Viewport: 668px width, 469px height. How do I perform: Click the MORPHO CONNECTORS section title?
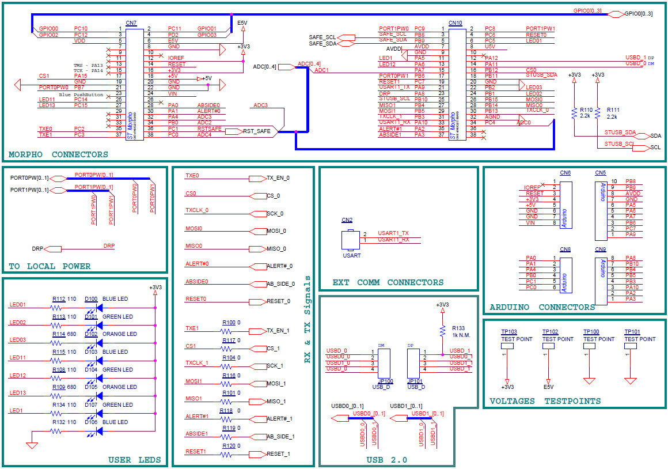click(x=58, y=154)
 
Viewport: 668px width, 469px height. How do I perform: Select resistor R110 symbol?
click(x=574, y=113)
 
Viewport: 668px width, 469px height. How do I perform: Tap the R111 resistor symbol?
click(x=598, y=113)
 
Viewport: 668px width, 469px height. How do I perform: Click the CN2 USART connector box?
click(x=347, y=239)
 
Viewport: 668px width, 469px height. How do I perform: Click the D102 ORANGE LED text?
click(x=119, y=334)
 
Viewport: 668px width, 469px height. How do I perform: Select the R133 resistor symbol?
click(x=442, y=331)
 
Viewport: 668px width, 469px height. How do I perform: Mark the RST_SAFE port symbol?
click(x=233, y=131)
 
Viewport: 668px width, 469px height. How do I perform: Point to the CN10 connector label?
click(x=455, y=23)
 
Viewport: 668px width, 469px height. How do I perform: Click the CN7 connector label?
click(x=131, y=23)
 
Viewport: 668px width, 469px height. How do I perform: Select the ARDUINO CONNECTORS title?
click(x=542, y=307)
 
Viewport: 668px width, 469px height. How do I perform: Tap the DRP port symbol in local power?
click(x=52, y=249)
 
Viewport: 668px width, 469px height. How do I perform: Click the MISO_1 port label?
click(x=276, y=401)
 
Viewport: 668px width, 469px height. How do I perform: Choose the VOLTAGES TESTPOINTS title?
click(x=545, y=401)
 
